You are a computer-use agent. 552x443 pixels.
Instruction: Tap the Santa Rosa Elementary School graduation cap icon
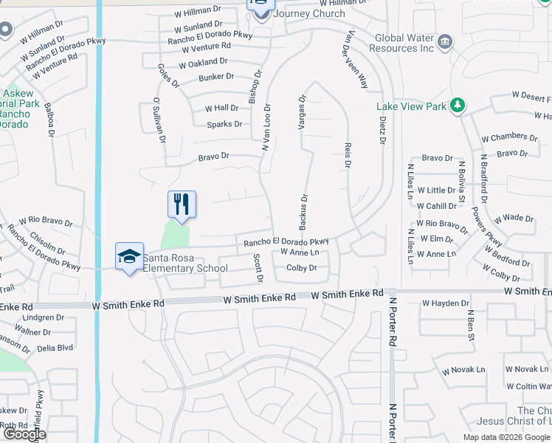(129, 258)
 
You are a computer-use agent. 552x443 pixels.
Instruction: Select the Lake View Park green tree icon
(458, 106)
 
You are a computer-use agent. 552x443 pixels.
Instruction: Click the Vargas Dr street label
(302, 112)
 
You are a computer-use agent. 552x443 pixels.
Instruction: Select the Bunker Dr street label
(216, 77)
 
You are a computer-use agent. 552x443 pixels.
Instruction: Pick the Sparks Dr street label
(224, 124)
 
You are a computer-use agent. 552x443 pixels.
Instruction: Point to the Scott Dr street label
(258, 268)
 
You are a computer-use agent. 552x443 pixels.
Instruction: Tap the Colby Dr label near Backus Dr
(301, 268)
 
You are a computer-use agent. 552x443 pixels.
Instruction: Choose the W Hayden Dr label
(446, 303)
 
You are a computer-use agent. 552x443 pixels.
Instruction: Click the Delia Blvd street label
(55, 347)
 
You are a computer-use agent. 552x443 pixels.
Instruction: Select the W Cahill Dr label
(436, 206)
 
